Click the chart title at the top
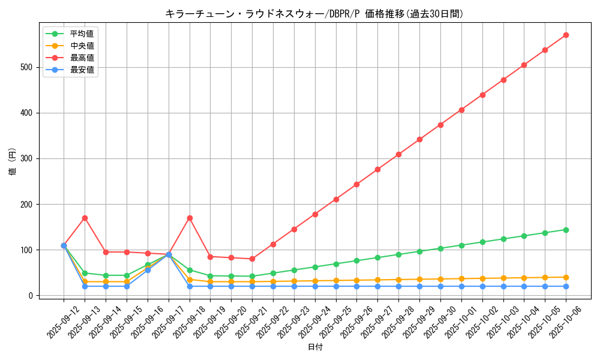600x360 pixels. coord(314,14)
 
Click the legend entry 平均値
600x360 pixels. coord(82,34)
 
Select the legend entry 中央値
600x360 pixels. coord(82,46)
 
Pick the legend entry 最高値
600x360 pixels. coord(82,58)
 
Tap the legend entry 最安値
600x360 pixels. coord(82,70)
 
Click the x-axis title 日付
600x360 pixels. coord(315,347)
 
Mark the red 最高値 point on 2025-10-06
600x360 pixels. coord(566,35)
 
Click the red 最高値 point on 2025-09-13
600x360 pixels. coord(85,218)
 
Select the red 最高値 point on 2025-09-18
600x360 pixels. coord(190,218)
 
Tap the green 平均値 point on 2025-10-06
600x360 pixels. coord(566,230)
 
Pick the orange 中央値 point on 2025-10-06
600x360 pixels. coord(566,277)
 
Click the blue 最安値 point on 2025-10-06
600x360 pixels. coord(566,286)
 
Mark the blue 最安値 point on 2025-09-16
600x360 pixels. coord(148,270)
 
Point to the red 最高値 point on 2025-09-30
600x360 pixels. coord(440,125)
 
